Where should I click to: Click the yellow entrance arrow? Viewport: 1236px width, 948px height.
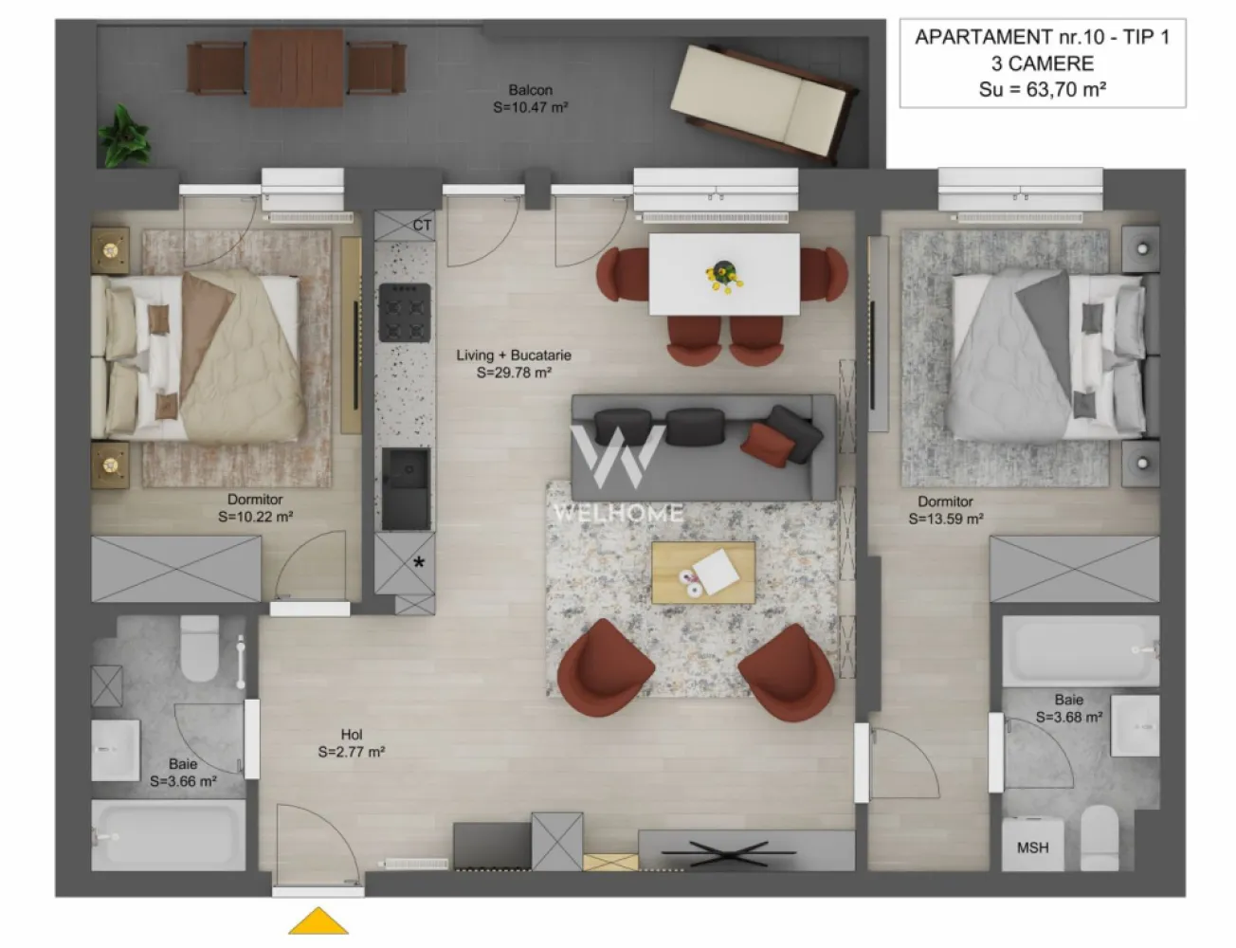pos(318,921)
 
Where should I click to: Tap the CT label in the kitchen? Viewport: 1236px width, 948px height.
pos(422,226)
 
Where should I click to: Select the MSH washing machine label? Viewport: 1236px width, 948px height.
pos(1032,848)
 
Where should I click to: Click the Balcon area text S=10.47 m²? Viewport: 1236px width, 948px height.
pos(531,108)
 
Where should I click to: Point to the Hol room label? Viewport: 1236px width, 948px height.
pos(352,735)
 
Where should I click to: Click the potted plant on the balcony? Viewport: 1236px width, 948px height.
pos(124,135)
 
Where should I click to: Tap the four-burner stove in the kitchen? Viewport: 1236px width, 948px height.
pos(405,312)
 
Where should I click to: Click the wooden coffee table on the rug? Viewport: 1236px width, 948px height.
pos(703,572)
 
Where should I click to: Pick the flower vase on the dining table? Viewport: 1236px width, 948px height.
pos(724,274)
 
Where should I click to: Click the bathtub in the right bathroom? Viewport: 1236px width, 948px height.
pos(1081,650)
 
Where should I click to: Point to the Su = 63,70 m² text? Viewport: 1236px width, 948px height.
pos(1043,90)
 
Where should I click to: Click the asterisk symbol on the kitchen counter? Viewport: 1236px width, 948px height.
pos(418,562)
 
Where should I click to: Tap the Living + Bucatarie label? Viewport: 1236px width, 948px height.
pos(514,355)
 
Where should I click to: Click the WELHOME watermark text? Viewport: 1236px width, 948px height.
pos(618,514)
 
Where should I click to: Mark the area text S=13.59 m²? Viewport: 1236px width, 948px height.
pos(946,520)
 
